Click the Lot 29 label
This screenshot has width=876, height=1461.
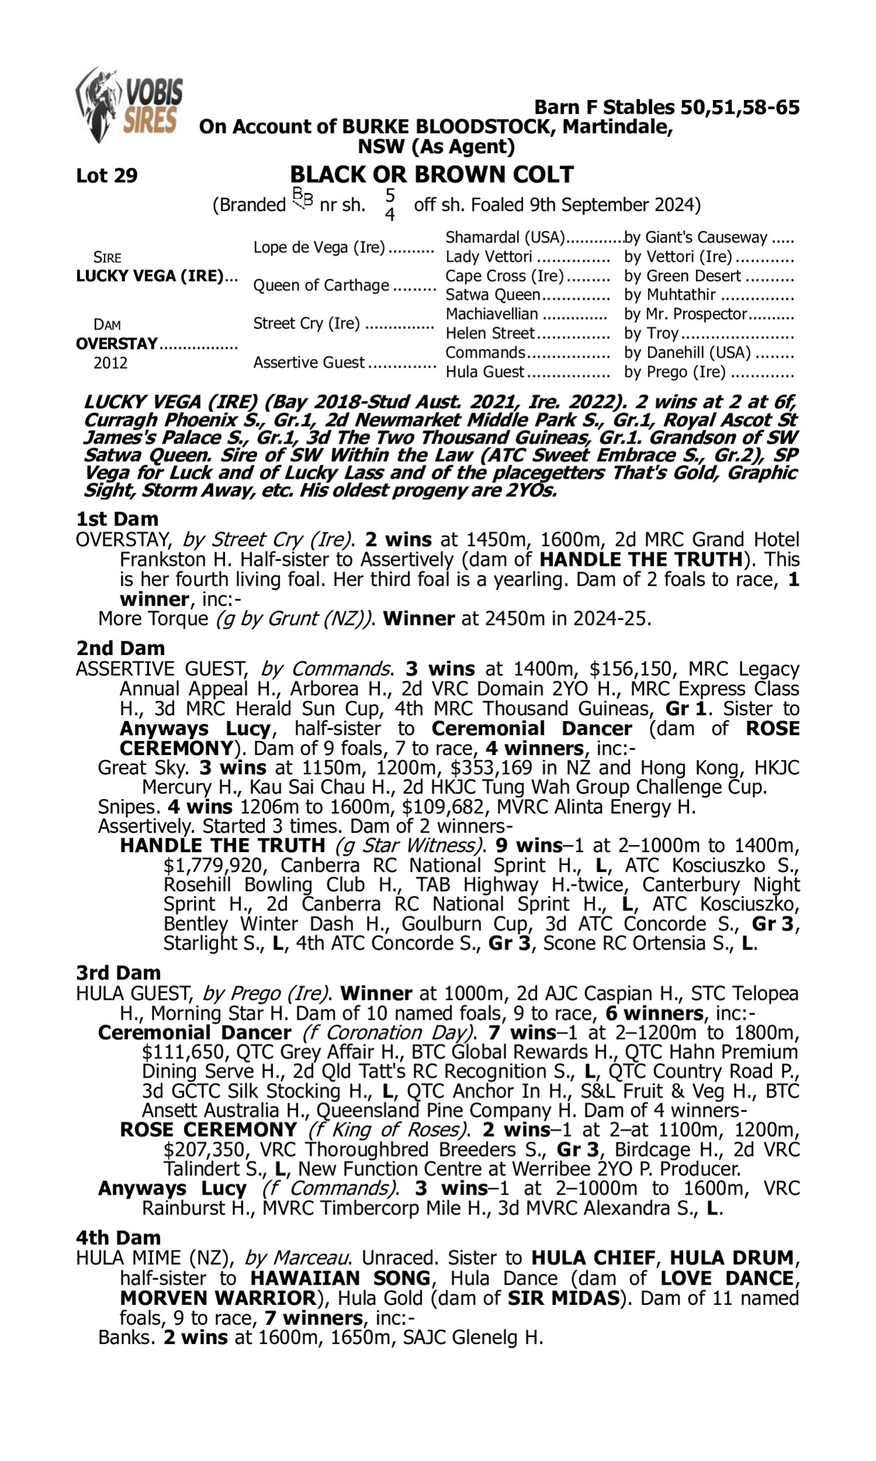107,175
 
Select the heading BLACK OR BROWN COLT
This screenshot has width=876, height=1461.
432,175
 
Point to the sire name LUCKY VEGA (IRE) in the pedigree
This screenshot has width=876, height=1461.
150,276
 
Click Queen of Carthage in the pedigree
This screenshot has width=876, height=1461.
321,285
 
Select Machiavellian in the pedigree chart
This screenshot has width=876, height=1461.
492,314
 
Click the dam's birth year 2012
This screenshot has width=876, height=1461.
110,362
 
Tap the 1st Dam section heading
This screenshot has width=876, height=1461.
117,519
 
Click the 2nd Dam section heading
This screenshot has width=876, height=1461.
120,648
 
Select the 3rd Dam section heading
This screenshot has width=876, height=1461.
119,972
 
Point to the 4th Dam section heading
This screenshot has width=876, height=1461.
118,1238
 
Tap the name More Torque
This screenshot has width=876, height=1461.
153,619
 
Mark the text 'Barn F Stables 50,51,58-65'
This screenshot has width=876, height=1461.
666,108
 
